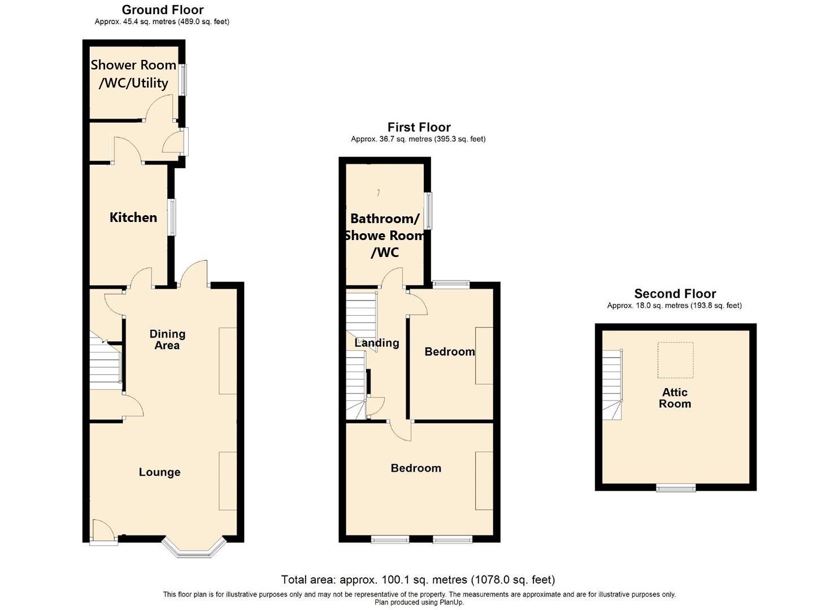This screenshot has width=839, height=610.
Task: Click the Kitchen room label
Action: coord(133,217)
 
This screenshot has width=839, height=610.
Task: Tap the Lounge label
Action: coord(160,472)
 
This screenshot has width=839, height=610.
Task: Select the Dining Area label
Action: coord(167,339)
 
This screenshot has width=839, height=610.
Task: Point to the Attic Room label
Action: coord(675,398)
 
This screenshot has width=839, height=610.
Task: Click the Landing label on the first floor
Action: coord(377,343)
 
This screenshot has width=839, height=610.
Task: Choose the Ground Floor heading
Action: coord(163,10)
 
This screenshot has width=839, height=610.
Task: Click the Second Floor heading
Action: coord(675,294)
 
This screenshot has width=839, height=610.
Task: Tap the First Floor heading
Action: coord(419,127)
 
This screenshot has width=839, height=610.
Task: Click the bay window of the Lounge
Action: coord(194,550)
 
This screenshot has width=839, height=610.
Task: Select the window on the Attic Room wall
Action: coord(676,487)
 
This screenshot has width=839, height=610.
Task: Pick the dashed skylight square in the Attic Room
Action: coord(675,360)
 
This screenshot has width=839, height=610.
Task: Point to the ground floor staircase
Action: coord(105,360)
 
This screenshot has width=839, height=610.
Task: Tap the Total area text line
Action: coord(418,579)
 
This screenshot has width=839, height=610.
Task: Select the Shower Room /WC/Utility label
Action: coord(133,74)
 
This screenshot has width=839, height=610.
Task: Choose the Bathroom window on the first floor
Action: coord(429,211)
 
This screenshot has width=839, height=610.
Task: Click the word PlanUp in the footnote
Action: coord(451,602)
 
